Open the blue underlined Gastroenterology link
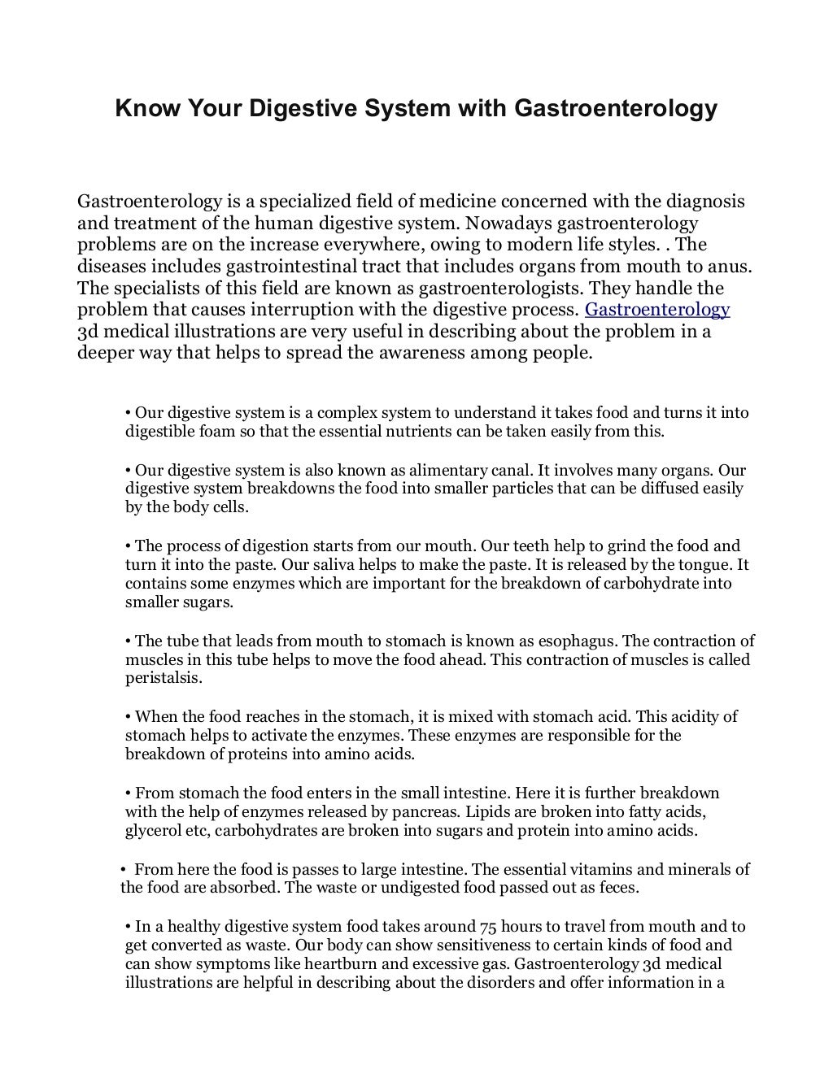(x=657, y=310)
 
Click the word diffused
(x=671, y=489)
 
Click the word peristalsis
(x=164, y=678)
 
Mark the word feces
(x=617, y=887)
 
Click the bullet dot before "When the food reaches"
(x=129, y=717)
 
